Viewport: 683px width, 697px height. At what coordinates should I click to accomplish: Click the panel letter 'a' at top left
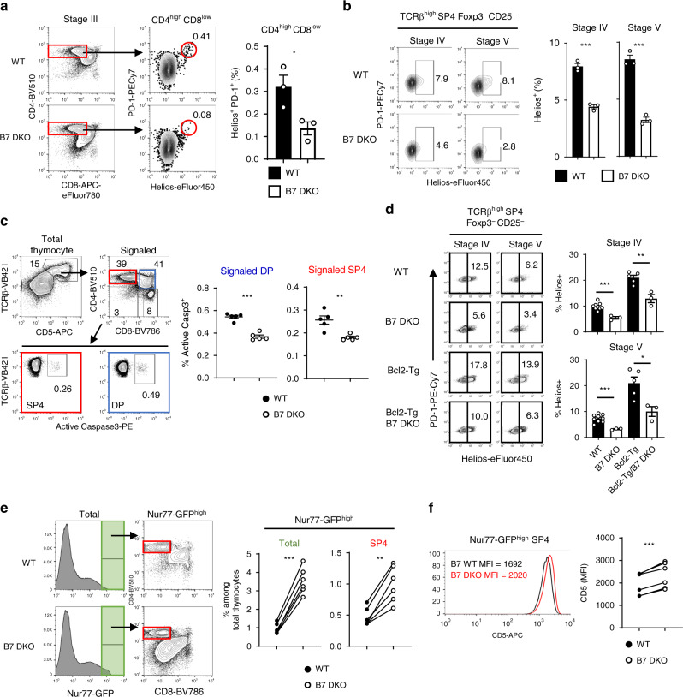coord(7,7)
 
